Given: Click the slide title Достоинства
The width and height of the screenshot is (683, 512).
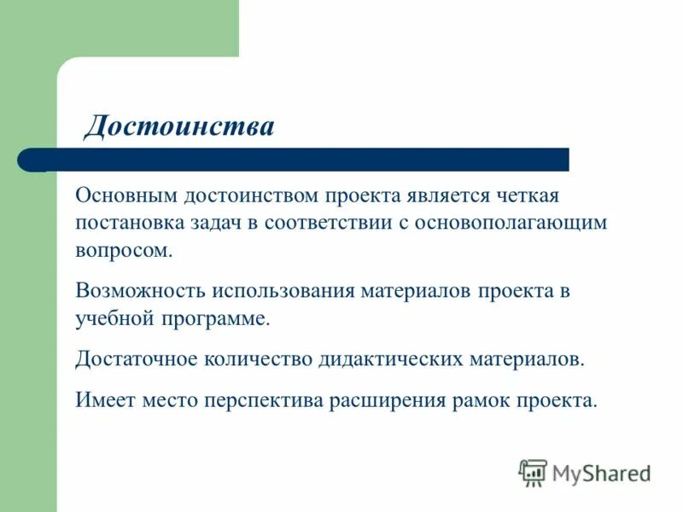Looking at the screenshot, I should point(179,126).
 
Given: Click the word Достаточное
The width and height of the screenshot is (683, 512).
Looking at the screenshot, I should point(137,358).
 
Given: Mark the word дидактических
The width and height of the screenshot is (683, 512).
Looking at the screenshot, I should point(391,358).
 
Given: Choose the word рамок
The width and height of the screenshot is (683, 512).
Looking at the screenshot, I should point(482,399).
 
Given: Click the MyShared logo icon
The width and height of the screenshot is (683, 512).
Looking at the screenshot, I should point(534,472).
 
